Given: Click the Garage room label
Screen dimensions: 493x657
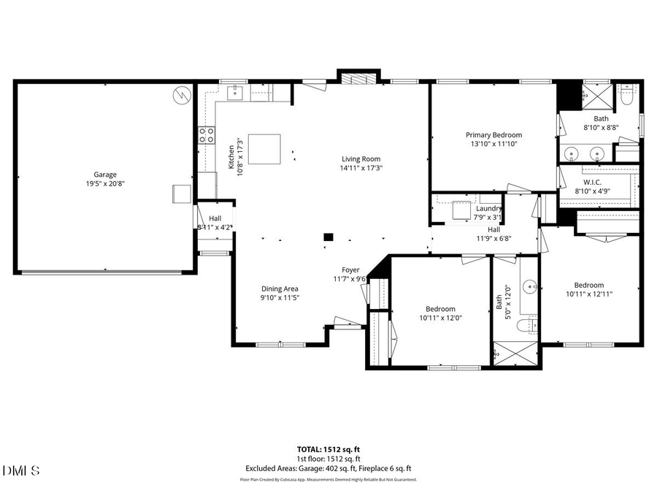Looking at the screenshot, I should click(x=105, y=175).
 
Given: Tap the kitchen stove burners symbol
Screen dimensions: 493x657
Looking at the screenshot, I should click(x=207, y=134).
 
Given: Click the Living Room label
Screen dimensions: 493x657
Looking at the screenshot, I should click(x=361, y=158).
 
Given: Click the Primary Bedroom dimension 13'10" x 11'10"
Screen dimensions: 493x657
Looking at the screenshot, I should click(x=494, y=144).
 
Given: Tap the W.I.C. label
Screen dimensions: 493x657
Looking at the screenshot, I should click(x=591, y=181).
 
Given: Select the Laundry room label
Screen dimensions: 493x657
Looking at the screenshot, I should click(x=488, y=208).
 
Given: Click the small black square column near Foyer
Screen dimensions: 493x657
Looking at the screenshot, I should click(x=328, y=237).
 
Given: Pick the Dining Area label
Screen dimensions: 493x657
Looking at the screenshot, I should click(x=280, y=288).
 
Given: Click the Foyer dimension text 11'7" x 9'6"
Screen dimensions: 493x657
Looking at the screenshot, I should click(x=349, y=279).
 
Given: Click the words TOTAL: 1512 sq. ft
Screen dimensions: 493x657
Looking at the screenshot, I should click(x=328, y=450).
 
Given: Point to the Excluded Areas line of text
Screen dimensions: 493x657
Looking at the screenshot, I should click(x=328, y=468).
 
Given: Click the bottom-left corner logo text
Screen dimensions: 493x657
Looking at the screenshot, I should click(x=21, y=470).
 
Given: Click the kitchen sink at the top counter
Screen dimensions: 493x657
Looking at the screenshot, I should click(x=236, y=91).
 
